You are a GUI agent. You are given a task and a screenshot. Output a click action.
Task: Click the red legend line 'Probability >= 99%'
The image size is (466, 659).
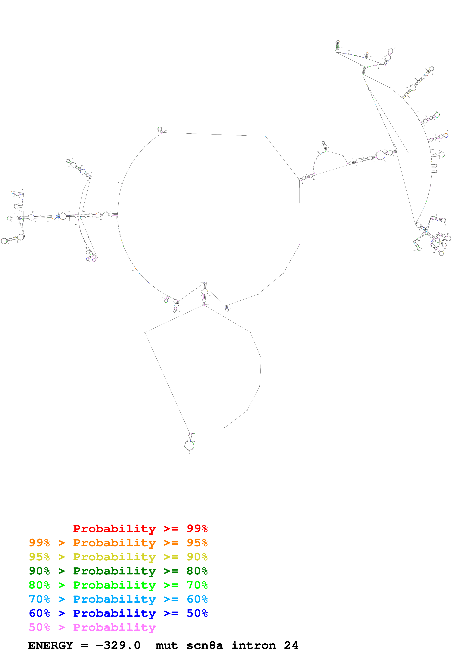(140, 529)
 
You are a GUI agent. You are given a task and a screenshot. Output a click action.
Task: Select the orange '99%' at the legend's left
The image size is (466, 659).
(39, 543)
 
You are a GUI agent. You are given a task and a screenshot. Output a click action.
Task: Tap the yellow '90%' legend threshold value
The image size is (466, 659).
(197, 557)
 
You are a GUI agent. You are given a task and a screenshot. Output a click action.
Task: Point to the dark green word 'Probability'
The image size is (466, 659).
(114, 571)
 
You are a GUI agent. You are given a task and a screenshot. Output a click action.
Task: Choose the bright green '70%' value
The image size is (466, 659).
(197, 585)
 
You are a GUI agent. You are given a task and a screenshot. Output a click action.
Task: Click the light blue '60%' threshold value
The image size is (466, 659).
(197, 599)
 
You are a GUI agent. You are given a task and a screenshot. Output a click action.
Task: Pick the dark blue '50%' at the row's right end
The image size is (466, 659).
(197, 613)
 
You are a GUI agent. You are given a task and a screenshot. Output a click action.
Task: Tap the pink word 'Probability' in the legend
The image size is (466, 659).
(114, 627)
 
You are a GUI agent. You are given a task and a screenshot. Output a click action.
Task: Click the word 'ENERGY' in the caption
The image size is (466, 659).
(51, 645)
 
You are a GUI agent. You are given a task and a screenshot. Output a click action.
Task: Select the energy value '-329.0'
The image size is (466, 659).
(118, 645)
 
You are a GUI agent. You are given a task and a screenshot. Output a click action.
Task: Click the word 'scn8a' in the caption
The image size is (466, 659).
(205, 645)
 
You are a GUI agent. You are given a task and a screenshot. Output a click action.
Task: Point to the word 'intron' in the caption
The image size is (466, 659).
(254, 645)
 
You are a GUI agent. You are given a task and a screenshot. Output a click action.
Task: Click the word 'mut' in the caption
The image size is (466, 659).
(167, 645)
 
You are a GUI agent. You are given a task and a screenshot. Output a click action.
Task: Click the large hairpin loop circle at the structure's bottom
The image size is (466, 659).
(189, 446)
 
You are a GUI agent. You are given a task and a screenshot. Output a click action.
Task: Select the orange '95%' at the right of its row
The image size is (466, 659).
(197, 543)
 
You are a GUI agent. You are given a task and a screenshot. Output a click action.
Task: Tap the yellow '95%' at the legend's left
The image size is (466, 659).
(39, 557)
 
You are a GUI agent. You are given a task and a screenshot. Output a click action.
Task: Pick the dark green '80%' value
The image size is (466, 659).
(197, 571)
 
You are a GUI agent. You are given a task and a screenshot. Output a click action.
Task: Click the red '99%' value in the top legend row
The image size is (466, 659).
(197, 529)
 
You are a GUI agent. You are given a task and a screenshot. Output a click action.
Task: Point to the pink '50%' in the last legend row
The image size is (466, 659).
(39, 627)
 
